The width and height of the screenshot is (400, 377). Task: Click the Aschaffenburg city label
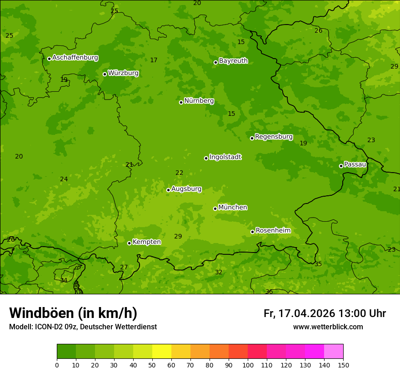pyautogui.click(x=75, y=58)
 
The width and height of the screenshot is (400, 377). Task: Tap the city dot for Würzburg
pyautogui.click(x=105, y=74)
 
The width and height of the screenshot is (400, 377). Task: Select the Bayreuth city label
pyautogui.click(x=233, y=61)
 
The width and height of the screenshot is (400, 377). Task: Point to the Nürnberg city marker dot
pyautogui.click(x=181, y=102)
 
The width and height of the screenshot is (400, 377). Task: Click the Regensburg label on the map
pyautogui.click(x=274, y=137)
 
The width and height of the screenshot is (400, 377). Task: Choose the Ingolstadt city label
pyautogui.click(x=225, y=157)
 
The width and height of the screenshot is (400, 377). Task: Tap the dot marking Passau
pyautogui.click(x=341, y=166)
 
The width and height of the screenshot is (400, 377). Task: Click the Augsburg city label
pyautogui.click(x=186, y=189)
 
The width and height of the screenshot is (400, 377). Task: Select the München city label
pyautogui.click(x=233, y=208)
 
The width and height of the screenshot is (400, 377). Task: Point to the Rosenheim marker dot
pyautogui.click(x=252, y=232)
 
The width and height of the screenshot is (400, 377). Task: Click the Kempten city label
pyautogui.click(x=146, y=242)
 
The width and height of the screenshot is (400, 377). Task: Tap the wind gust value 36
pyautogui.click(x=269, y=292)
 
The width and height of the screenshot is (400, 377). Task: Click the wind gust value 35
pyautogui.click(x=318, y=264)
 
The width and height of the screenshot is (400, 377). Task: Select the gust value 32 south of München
pyautogui.click(x=219, y=272)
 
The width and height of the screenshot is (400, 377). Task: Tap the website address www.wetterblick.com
pyautogui.click(x=328, y=327)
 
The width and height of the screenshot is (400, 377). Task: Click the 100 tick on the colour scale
pyautogui.click(x=248, y=365)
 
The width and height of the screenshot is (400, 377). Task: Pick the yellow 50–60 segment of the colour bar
pyautogui.click(x=162, y=352)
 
